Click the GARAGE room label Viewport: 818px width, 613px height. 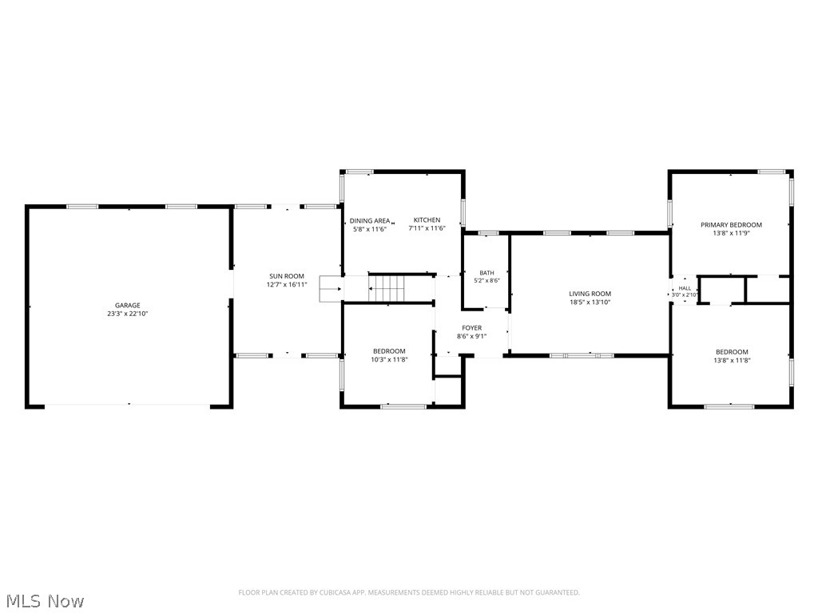pyautogui.click(x=128, y=306)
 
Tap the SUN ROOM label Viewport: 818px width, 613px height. pyautogui.click(x=287, y=276)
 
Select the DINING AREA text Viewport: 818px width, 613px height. pyautogui.click(x=370, y=220)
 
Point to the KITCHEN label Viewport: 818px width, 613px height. pyautogui.click(x=427, y=220)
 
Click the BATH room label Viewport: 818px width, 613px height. pyautogui.click(x=486, y=273)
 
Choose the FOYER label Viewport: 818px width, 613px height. pyautogui.click(x=472, y=328)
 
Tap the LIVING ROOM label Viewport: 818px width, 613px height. pyautogui.click(x=590, y=294)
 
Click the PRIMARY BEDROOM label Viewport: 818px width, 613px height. pyautogui.click(x=731, y=224)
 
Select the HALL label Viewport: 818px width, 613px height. pyautogui.click(x=685, y=288)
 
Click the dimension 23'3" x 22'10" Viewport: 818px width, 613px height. pyautogui.click(x=128, y=314)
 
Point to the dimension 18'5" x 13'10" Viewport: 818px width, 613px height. pyautogui.click(x=590, y=302)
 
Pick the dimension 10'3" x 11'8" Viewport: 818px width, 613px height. pyautogui.click(x=389, y=359)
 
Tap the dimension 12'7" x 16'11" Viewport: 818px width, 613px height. pyautogui.click(x=287, y=285)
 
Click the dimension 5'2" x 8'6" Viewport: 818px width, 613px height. pyautogui.click(x=486, y=280)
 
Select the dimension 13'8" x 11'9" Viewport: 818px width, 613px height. pyautogui.click(x=732, y=233)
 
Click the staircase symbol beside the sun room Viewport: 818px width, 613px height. pyautogui.click(x=386, y=288)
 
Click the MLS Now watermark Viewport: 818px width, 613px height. pyautogui.click(x=43, y=601)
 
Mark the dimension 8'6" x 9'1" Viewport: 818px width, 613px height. pyautogui.click(x=472, y=336)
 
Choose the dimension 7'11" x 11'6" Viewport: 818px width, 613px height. pyautogui.click(x=427, y=228)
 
